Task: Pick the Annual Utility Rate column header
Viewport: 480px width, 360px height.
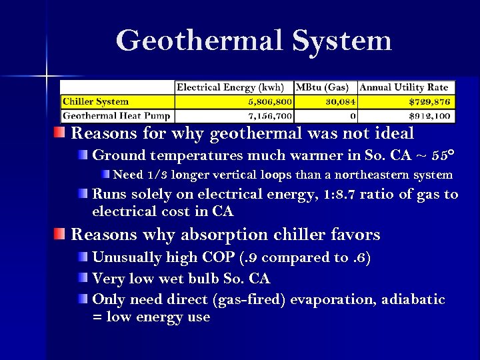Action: pyautogui.click(x=404, y=87)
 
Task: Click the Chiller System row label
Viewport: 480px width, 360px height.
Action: pyautogui.click(x=95, y=102)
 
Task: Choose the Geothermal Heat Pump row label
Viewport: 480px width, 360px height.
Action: pyautogui.click(x=117, y=116)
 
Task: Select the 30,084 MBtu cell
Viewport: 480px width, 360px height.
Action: pyautogui.click(x=339, y=102)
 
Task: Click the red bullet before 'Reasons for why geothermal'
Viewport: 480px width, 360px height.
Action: pyautogui.click(x=61, y=133)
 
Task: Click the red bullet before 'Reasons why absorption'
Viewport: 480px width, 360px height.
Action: pyautogui.click(x=61, y=234)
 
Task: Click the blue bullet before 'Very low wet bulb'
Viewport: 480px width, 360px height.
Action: pyautogui.click(x=82, y=278)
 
